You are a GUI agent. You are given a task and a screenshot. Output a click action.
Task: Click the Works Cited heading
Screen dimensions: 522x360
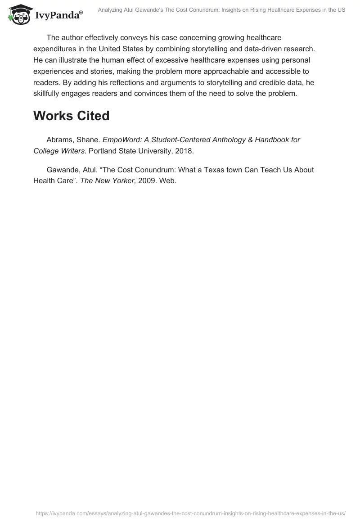pos(71,116)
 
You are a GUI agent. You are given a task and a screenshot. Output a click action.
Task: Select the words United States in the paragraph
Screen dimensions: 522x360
pos(137,49)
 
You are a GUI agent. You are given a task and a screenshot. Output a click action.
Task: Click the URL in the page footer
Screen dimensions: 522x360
pos(190,513)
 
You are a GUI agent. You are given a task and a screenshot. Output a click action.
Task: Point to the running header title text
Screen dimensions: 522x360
pos(221,9)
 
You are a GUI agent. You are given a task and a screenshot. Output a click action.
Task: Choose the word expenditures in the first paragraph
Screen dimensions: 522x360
pos(56,49)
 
